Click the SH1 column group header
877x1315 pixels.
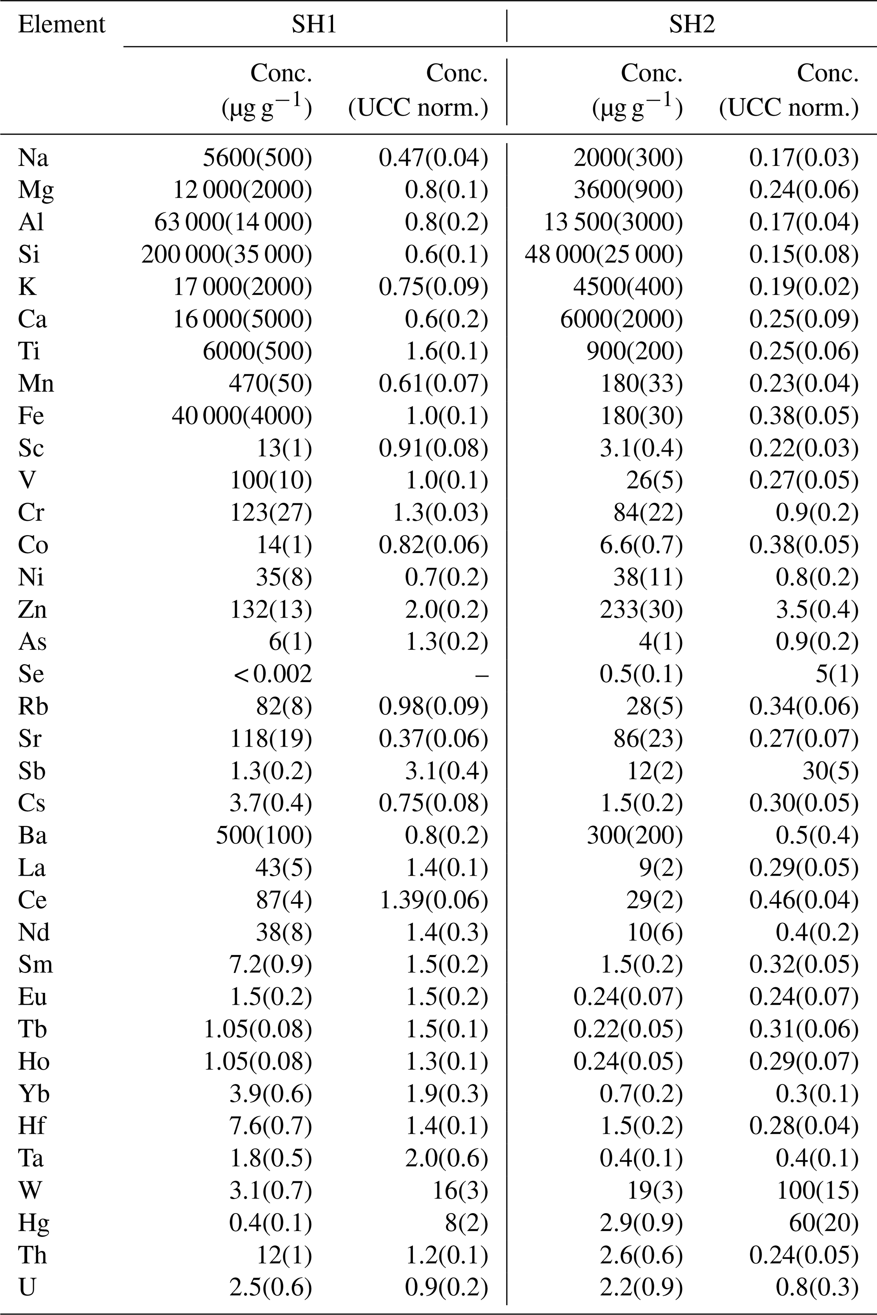click(314, 25)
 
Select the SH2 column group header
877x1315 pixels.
click(692, 25)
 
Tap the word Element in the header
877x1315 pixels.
click(62, 25)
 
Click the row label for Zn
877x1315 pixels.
click(32, 609)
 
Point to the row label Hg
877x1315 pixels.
click(34, 1222)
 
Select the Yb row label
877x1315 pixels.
click(34, 1093)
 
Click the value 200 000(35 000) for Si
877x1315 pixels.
click(227, 255)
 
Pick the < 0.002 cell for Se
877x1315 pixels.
click(273, 674)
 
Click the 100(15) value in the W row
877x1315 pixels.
click(818, 1190)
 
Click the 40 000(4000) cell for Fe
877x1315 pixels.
click(241, 416)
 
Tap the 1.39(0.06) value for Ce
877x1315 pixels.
click(434, 900)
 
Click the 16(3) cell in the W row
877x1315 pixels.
click(460, 1190)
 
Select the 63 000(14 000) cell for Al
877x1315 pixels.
click(233, 222)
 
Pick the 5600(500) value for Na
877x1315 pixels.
click(257, 158)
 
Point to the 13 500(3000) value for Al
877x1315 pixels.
click(614, 222)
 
